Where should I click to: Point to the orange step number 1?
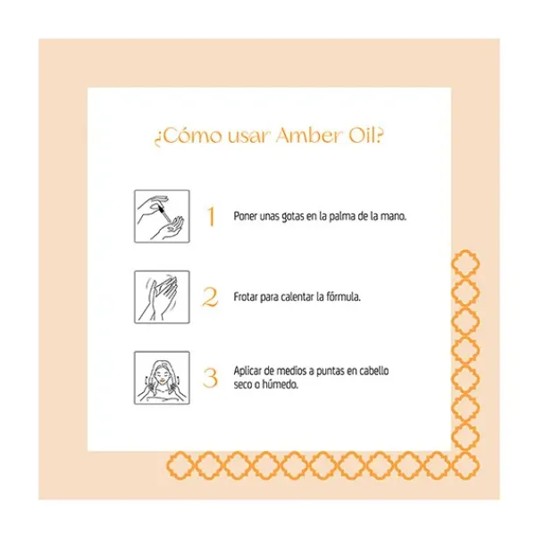[211, 217]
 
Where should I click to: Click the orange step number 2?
[211, 297]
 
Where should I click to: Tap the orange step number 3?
[211, 378]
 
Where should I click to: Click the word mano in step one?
[393, 217]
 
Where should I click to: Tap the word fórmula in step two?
[341, 297]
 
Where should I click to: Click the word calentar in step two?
[298, 297]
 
